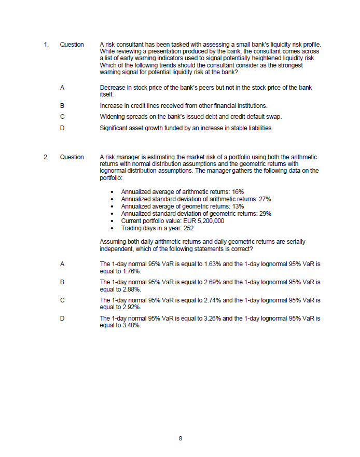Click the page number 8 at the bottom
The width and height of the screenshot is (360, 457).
(180, 438)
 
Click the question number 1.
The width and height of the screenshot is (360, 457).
(46, 45)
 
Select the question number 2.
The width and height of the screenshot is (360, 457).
(46, 157)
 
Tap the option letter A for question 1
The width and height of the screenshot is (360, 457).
(62, 88)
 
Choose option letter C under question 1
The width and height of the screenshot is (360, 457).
(62, 116)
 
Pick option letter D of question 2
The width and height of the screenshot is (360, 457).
(62, 318)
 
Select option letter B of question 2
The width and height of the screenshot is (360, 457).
(62, 283)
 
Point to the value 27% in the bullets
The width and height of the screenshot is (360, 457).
(264, 199)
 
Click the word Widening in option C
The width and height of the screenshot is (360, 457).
(112, 116)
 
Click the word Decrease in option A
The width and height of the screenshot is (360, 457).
(113, 88)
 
